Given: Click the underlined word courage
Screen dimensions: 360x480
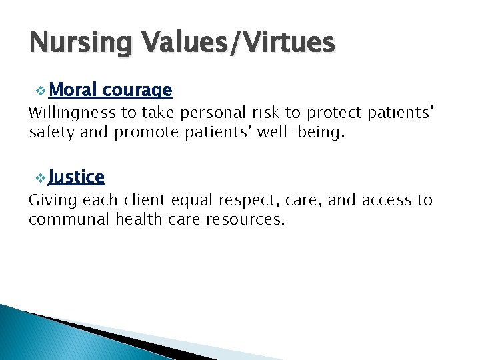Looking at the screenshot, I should coord(138,90).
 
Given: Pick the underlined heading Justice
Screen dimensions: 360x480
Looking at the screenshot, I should coord(77,177).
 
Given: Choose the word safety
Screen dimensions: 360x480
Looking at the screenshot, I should coord(51,132).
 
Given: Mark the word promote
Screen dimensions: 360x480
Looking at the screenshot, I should coord(146,132).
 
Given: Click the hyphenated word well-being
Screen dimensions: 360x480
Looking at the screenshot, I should coord(303,132).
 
